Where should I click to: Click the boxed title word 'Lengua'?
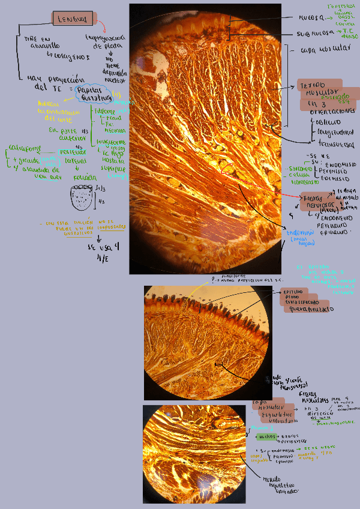click(x=73, y=20)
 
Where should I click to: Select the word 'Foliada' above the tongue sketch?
click(x=80, y=178)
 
